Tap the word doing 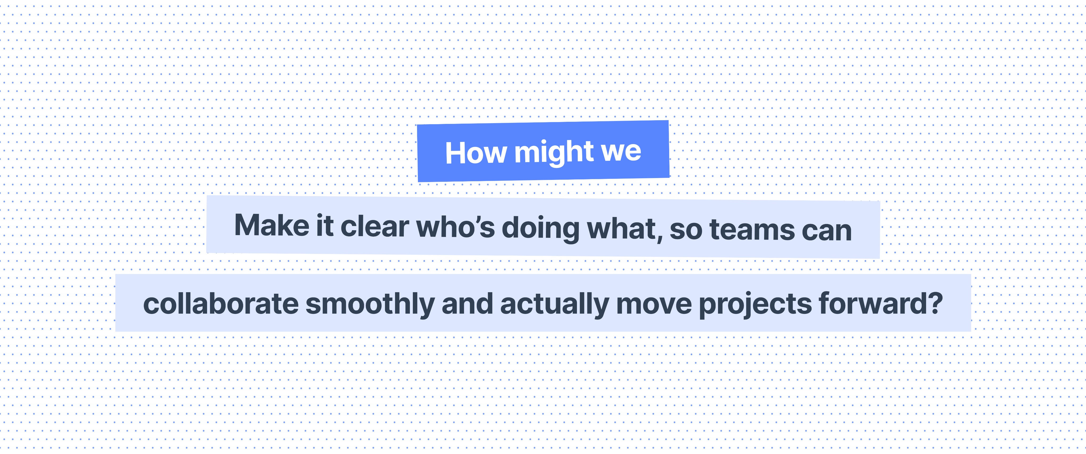pyautogui.click(x=541, y=229)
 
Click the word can pyautogui.click(x=827, y=232)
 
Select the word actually pyautogui.click(x=554, y=305)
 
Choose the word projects pyautogui.click(x=755, y=305)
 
